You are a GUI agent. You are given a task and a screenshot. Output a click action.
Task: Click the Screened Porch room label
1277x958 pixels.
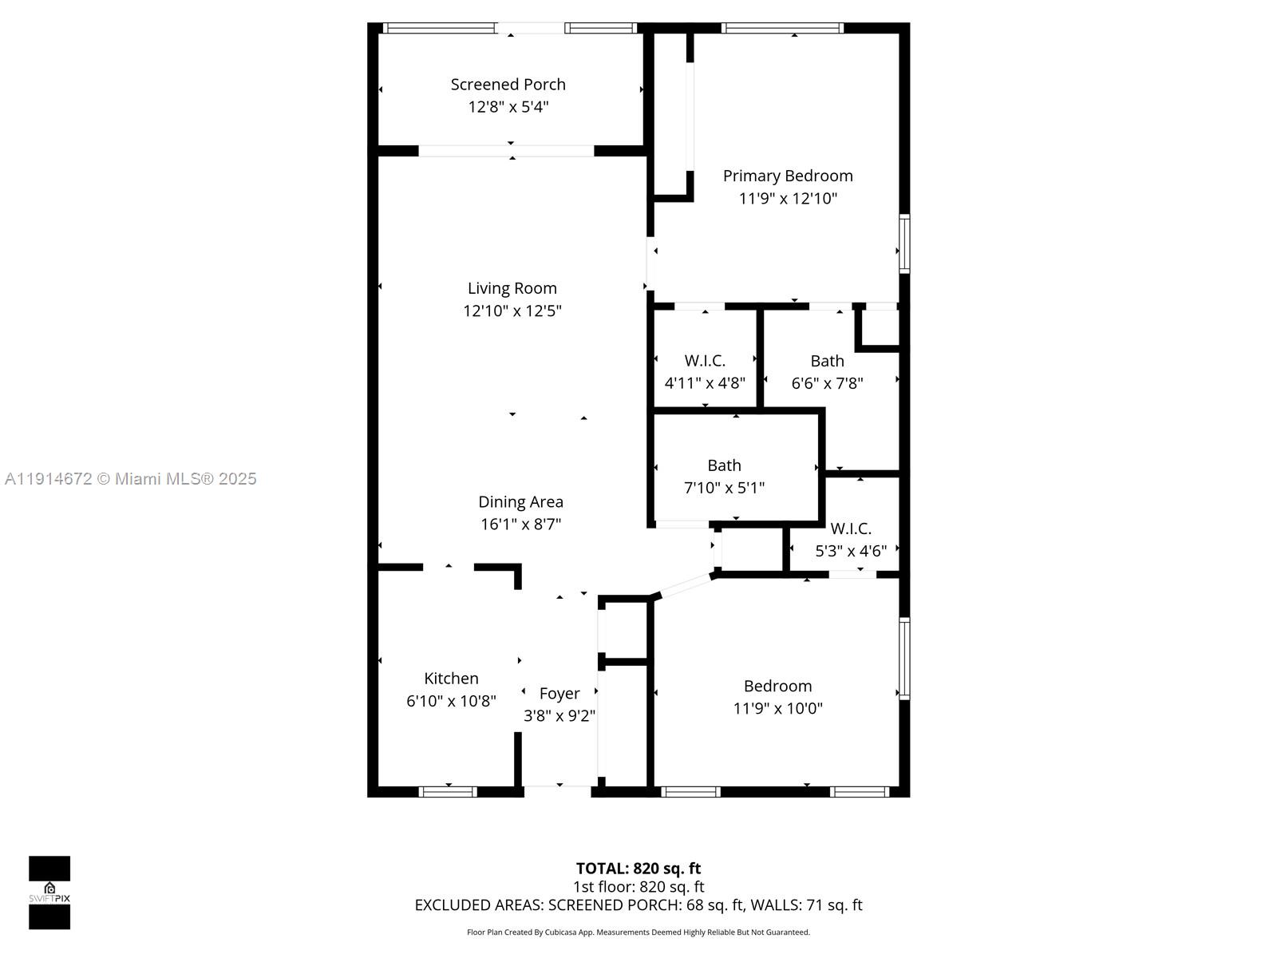tap(508, 85)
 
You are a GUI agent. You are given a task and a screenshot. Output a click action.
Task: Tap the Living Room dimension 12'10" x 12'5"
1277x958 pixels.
tap(512, 311)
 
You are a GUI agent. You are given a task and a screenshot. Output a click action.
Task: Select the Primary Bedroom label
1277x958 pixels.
tap(788, 176)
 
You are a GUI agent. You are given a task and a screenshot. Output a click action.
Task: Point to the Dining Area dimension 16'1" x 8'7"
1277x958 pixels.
tap(520, 524)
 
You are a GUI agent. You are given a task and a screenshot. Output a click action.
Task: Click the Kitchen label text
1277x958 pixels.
tap(451, 679)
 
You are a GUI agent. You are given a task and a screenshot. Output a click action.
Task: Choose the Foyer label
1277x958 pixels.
tap(559, 694)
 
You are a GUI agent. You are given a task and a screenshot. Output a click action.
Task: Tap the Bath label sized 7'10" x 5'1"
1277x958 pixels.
tap(725, 465)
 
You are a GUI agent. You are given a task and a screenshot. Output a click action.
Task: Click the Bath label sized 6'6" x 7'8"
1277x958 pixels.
tap(827, 361)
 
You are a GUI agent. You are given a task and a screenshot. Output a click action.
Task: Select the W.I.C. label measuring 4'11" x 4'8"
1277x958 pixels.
tap(705, 361)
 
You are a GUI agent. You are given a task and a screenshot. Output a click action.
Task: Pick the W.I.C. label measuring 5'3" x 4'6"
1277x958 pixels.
tap(851, 528)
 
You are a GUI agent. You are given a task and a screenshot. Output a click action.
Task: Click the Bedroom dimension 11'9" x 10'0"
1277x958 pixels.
tap(778, 708)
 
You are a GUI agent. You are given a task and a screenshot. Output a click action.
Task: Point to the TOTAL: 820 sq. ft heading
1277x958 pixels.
tap(638, 869)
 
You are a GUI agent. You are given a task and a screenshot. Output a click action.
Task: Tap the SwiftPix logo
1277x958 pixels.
tap(49, 893)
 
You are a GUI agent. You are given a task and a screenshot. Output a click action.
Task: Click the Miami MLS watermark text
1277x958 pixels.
tap(130, 479)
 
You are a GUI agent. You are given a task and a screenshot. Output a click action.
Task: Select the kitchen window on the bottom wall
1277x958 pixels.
tap(448, 792)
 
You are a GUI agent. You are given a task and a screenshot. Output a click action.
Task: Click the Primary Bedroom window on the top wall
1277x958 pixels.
tap(782, 28)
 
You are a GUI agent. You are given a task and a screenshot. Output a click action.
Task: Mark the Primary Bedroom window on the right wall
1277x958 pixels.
tap(904, 243)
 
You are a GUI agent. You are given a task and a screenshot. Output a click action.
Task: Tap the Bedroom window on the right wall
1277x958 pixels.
tap(904, 659)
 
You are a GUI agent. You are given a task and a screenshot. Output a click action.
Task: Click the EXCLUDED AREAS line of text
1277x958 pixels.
tap(638, 905)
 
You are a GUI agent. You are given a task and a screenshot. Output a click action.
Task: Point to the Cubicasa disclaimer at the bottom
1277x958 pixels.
tap(638, 932)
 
